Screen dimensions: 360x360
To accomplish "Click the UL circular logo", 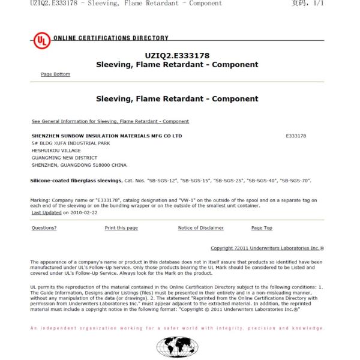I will click(41, 41).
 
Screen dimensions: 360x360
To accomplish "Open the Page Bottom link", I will click(55, 74).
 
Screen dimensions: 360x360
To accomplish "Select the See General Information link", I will click(110, 121).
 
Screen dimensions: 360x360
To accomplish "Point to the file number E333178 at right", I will click(296, 136).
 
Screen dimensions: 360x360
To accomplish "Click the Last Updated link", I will click(46, 212).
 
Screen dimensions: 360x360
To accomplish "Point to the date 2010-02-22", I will click(83, 212).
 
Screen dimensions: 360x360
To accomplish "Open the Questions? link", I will click(44, 228).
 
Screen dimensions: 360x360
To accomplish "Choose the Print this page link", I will click(121, 228).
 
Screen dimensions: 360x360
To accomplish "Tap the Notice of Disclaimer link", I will click(200, 228).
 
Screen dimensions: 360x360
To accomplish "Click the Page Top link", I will click(262, 228).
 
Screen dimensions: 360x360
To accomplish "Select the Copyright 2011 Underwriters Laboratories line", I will click(267, 248).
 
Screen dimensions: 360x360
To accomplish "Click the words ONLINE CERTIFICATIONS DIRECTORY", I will click(111, 38).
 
